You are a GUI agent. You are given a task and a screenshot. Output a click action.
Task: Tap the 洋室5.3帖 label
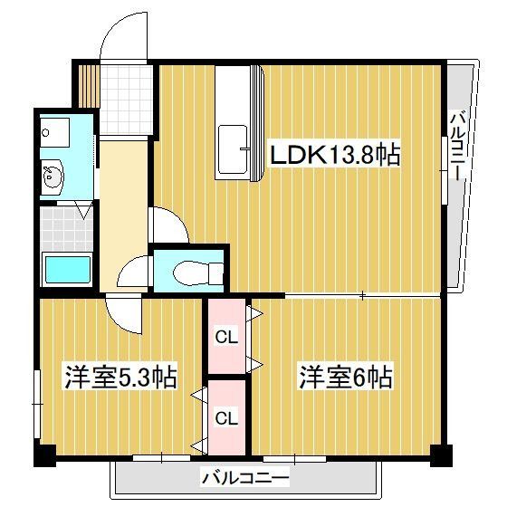[x=119, y=376]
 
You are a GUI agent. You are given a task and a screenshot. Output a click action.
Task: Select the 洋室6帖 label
[x=347, y=376]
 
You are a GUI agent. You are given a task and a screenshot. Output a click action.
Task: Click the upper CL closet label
[x=226, y=337]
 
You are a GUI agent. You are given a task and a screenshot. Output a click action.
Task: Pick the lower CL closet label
[x=226, y=418]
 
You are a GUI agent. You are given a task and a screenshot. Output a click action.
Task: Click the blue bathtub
[x=67, y=271]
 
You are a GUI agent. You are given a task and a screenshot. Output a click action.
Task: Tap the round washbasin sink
[x=53, y=177]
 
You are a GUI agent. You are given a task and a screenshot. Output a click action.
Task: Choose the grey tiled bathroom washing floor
[x=65, y=228]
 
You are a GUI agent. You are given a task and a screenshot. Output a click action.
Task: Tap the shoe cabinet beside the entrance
[x=85, y=84]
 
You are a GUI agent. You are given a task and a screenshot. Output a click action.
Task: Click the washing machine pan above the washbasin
[x=54, y=131]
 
